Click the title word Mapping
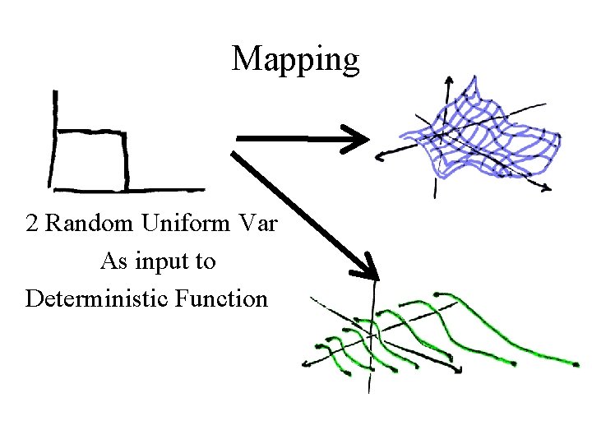tap(295, 60)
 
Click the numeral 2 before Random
tap(32, 224)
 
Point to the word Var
tap(261, 224)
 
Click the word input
tap(162, 261)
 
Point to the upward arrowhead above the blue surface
tap(449, 81)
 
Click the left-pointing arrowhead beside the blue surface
tap(380, 155)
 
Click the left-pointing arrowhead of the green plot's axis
tap(307, 362)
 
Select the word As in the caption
tap(113, 261)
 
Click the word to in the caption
tap(206, 261)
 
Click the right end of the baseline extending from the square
tap(202, 188)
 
